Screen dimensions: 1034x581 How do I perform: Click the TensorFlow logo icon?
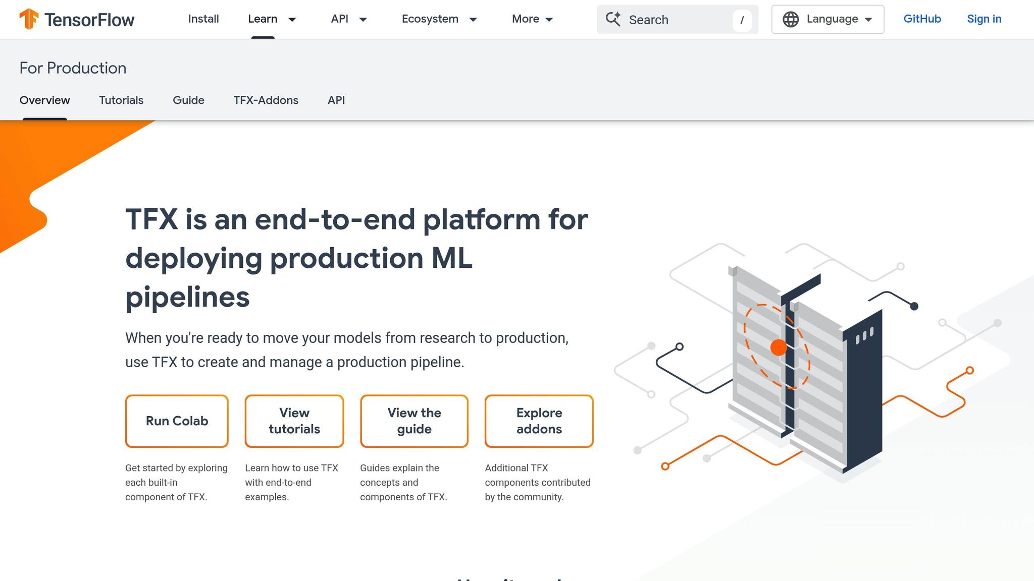click(29, 19)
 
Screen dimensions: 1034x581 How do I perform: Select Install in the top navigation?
click(203, 19)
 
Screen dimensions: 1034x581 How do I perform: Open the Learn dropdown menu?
click(272, 19)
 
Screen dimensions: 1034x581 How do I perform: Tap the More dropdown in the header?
click(532, 19)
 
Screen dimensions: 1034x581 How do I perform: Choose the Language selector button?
click(828, 19)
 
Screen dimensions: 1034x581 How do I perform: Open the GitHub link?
click(922, 19)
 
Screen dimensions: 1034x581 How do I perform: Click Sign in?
click(984, 19)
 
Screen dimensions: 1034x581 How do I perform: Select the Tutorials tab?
click(121, 100)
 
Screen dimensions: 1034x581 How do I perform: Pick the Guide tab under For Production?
click(188, 100)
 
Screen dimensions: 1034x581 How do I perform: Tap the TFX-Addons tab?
click(266, 100)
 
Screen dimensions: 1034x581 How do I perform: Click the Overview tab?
click(44, 100)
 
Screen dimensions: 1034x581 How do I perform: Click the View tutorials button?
click(294, 421)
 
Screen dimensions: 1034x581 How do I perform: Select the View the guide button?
click(414, 421)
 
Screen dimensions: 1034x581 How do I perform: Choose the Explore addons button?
click(539, 421)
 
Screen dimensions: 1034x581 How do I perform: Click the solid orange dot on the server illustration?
click(779, 347)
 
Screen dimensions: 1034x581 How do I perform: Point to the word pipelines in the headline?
click(187, 297)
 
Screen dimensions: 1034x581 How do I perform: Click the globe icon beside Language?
click(791, 20)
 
